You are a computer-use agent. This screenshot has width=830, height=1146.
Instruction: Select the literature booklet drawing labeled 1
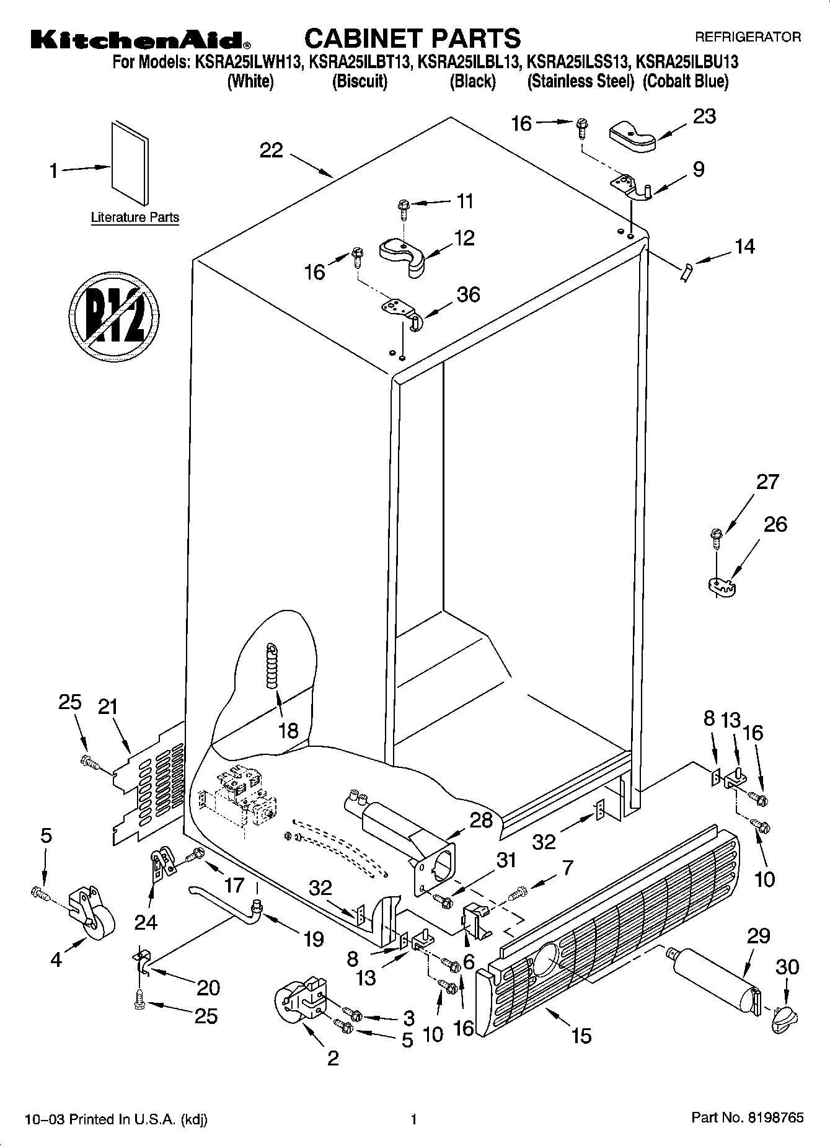(130, 162)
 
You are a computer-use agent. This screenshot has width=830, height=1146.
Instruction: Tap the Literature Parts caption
(135, 218)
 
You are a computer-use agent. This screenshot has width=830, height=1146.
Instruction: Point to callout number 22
(272, 151)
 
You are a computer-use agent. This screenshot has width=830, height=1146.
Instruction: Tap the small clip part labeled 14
(685, 272)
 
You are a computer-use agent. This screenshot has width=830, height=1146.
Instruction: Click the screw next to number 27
(716, 537)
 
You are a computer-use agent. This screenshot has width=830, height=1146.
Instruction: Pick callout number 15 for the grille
(581, 1034)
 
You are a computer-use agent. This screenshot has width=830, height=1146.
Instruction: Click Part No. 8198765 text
(747, 1117)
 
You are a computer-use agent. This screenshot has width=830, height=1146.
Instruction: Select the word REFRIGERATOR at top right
(748, 37)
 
